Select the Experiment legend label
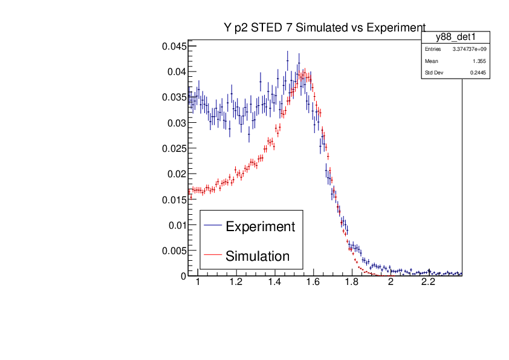pyautogui.click(x=260, y=227)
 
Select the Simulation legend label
pyautogui.click(x=258, y=256)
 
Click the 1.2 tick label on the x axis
pyautogui.click(x=236, y=283)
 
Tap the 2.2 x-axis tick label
pyautogui.click(x=428, y=283)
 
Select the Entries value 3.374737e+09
pyautogui.click(x=469, y=49)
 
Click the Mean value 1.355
pyautogui.click(x=480, y=61)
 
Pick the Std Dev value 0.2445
pyautogui.click(x=478, y=73)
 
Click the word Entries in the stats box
pyautogui.click(x=433, y=49)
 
